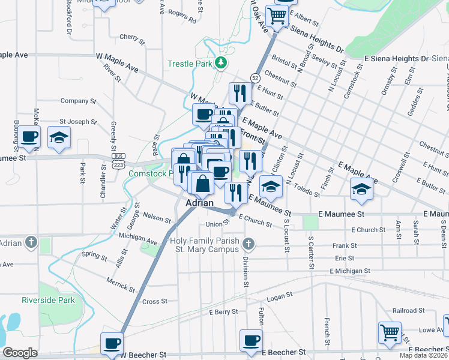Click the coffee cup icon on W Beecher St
[x=112, y=343]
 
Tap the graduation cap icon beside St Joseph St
[x=59, y=138]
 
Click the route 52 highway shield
[x=255, y=77]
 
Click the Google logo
[x=20, y=353]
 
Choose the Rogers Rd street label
[x=182, y=16]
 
